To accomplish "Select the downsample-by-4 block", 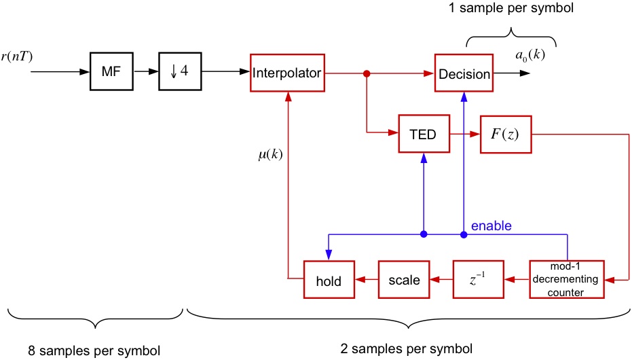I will click(180, 71).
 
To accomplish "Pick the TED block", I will click(424, 134).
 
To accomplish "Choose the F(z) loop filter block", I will click(505, 134).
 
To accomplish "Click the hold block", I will click(329, 279).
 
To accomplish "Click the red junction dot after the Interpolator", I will click(367, 72).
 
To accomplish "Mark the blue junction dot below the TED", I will click(424, 235).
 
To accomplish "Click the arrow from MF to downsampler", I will click(147, 71).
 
